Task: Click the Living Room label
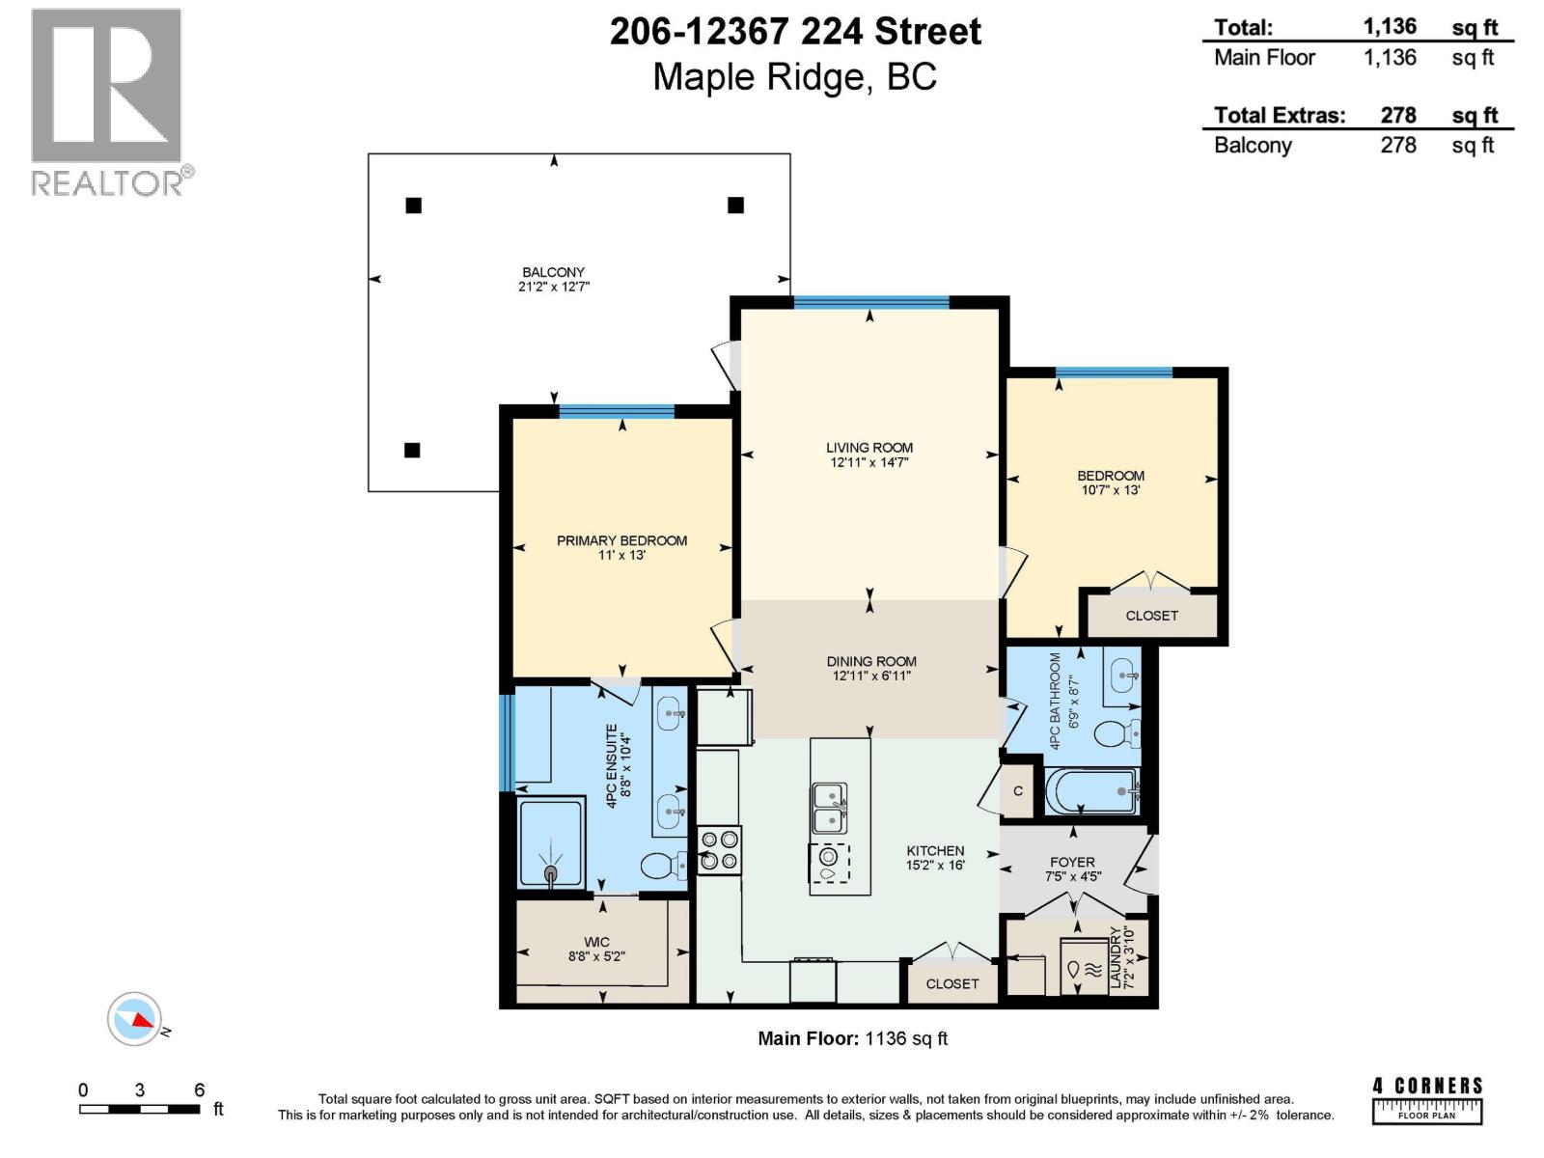(868, 448)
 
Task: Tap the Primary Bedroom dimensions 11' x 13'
(621, 556)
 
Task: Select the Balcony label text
(553, 272)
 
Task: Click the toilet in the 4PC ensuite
(662, 866)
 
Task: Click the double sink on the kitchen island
(829, 808)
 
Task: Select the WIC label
(596, 942)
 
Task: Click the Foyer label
(1072, 862)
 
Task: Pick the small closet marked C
(1018, 791)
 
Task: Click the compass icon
(134, 1018)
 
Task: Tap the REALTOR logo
(106, 101)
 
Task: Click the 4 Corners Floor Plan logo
(1427, 1100)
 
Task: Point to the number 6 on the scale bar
(200, 1090)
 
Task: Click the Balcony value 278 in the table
(1397, 145)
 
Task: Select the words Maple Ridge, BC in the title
(794, 77)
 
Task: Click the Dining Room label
(871, 662)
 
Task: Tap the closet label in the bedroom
(1151, 616)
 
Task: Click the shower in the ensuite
(552, 841)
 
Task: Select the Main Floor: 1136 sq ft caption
(852, 1038)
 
